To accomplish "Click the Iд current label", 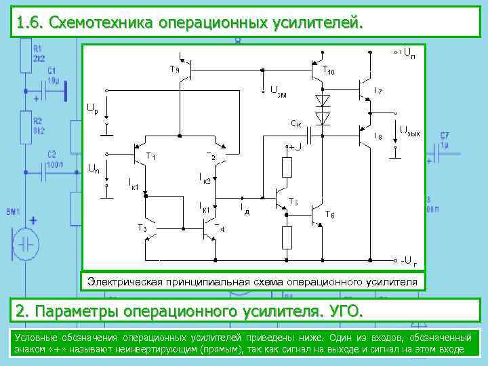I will (245, 209).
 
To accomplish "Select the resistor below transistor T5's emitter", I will (287, 237).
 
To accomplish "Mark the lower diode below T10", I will (323, 118).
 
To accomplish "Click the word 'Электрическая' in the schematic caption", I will (127, 281).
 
